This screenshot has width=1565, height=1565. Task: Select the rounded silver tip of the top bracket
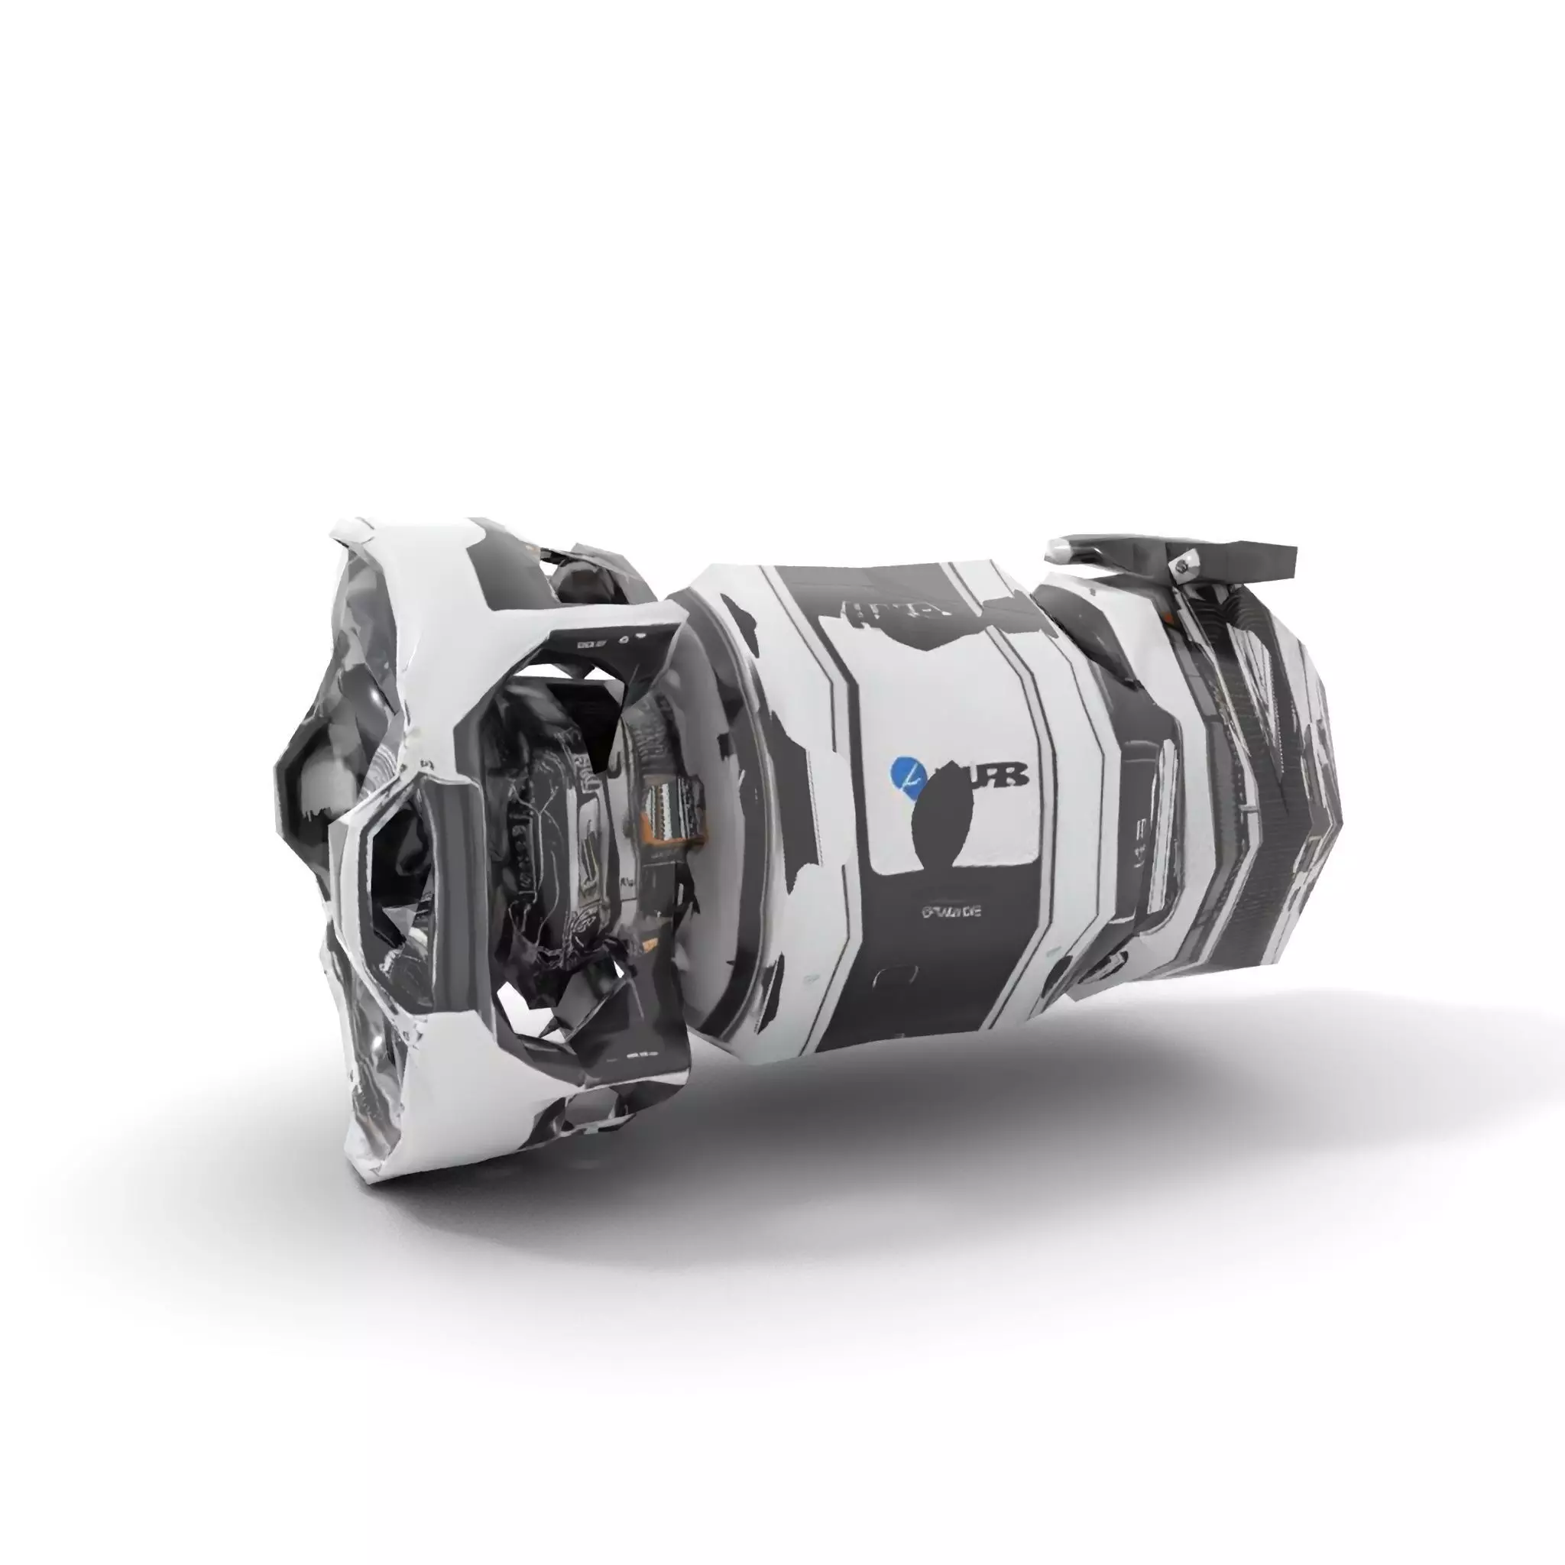point(1061,552)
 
